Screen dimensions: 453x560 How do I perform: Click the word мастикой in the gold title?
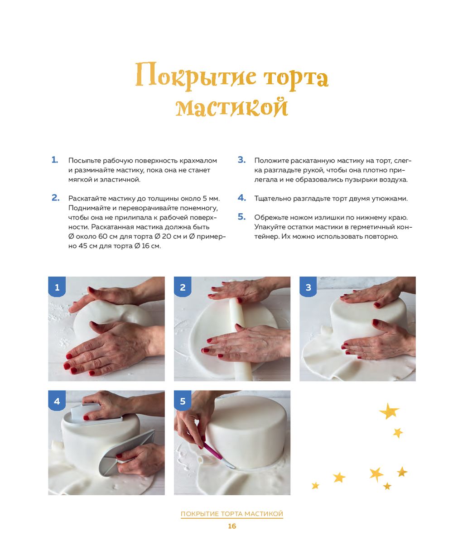click(x=231, y=107)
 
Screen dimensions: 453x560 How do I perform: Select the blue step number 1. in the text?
click(x=55, y=160)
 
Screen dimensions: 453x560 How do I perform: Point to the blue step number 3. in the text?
click(x=241, y=160)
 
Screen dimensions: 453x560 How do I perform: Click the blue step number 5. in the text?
click(x=241, y=216)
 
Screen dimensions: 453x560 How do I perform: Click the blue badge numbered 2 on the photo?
click(x=183, y=287)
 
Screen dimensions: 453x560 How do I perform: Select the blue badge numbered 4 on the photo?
click(x=57, y=401)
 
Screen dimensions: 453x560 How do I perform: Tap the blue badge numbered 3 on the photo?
click(x=308, y=287)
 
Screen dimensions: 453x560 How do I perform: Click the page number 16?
click(x=232, y=526)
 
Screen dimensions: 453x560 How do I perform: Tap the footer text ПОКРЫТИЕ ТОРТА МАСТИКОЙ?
click(x=232, y=513)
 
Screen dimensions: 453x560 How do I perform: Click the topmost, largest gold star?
click(x=389, y=411)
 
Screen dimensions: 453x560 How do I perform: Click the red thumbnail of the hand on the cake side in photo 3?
click(x=376, y=322)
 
